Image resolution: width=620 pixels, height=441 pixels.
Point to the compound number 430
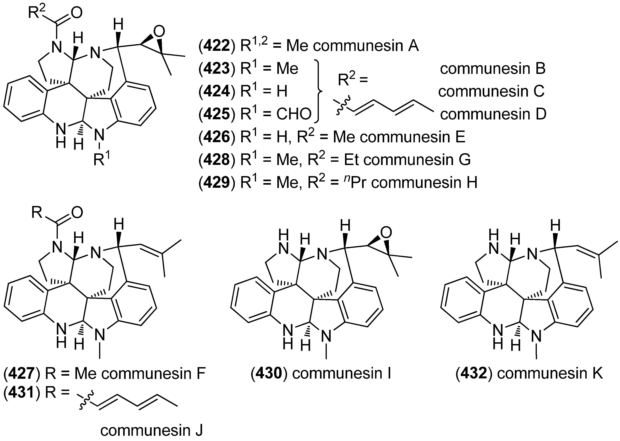pos(269,373)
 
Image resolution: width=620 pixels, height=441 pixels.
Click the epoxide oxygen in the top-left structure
pos(159,32)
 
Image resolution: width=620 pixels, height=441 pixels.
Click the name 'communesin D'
pos(493,114)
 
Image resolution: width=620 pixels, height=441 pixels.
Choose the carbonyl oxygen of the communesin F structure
pos(77,212)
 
